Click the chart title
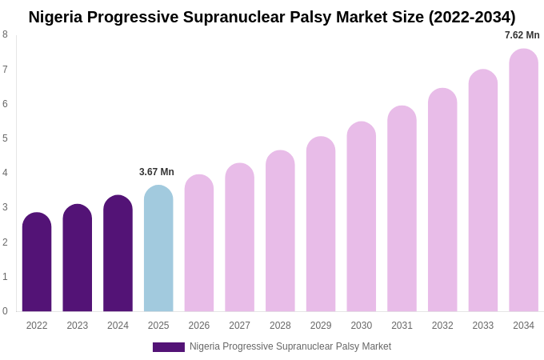[x=272, y=17]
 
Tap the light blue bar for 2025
[x=158, y=249]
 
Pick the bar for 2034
[x=523, y=181]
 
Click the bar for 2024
[x=118, y=254]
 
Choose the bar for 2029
[x=321, y=225]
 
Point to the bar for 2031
[x=402, y=210]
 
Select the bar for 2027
[x=239, y=238]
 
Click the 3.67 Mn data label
[x=157, y=172]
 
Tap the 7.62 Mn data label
[x=522, y=35]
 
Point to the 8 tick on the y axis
[x=5, y=34]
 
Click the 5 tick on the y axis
[x=5, y=138]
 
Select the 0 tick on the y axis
[x=5, y=311]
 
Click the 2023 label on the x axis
[x=78, y=326]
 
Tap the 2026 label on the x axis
[x=199, y=326]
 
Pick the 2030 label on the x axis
[x=361, y=326]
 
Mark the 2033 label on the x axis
[x=482, y=326]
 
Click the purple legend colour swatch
[x=169, y=347]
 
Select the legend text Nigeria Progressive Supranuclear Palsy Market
[x=290, y=346]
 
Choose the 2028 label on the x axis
[x=280, y=326]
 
